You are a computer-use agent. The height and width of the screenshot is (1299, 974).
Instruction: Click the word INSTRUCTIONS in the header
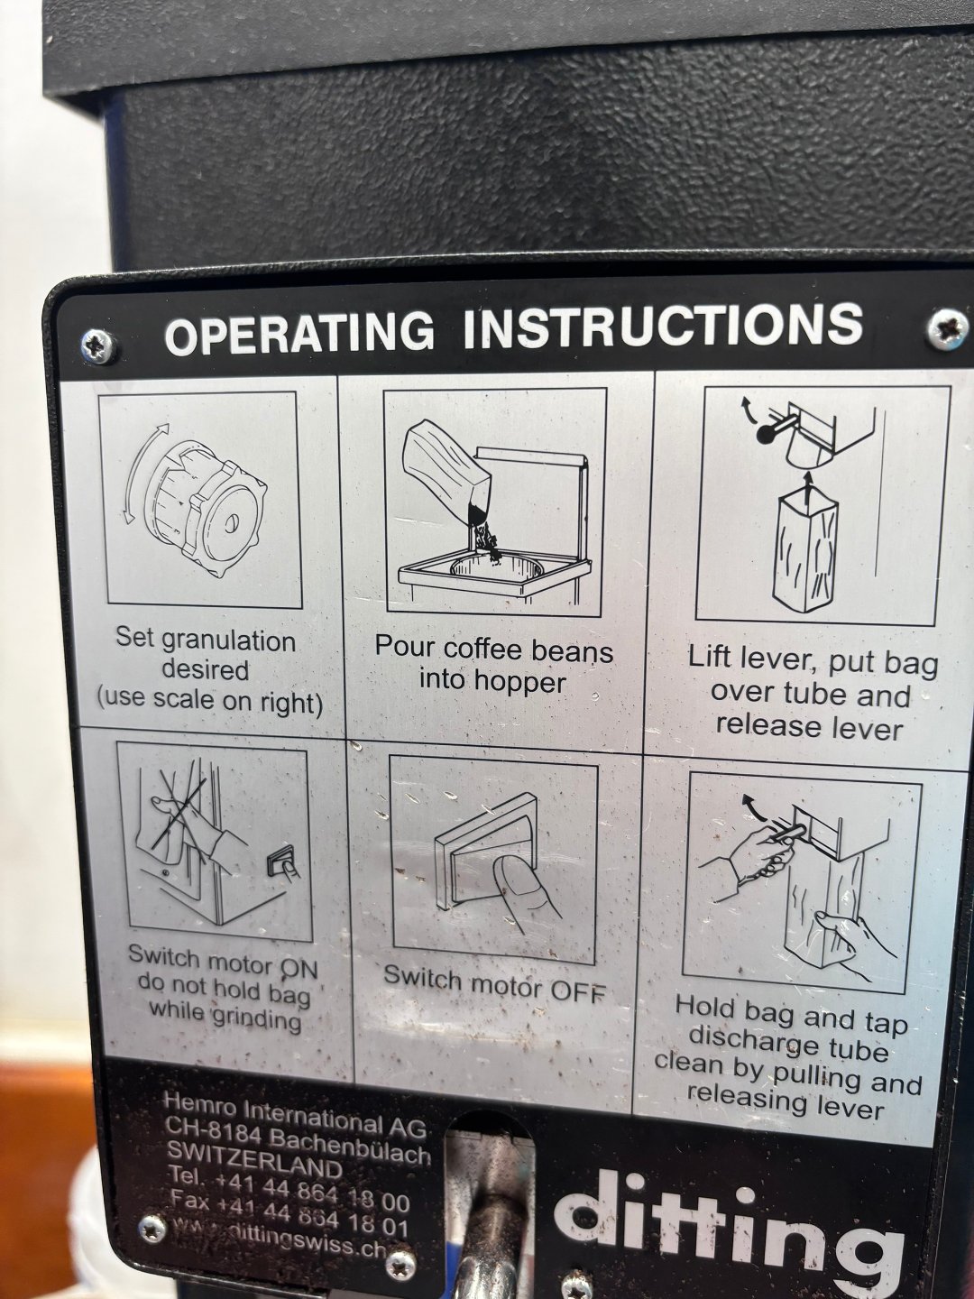[x=663, y=325]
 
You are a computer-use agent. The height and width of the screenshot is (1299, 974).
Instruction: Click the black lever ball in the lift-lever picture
[x=767, y=434]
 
